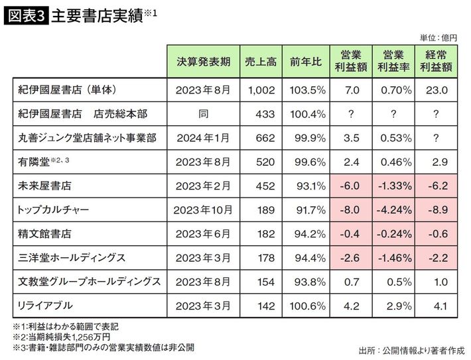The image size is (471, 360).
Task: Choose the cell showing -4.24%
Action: (x=393, y=210)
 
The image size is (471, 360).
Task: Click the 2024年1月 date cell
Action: (x=204, y=137)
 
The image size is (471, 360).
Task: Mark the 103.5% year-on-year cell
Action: (x=306, y=90)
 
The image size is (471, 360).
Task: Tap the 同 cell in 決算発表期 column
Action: (x=204, y=113)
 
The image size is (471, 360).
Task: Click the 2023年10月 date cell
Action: (x=204, y=210)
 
